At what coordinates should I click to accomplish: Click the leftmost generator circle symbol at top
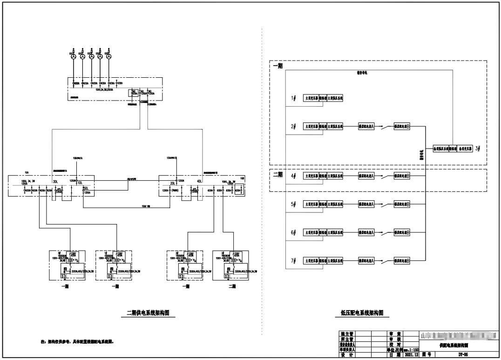coord(73,54)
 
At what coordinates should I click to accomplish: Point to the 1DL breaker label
coord(80,182)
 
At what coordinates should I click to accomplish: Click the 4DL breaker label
coord(200,181)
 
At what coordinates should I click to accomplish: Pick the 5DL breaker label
coord(85,189)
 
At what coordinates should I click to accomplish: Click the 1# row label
coord(293,99)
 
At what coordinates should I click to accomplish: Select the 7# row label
coord(293,261)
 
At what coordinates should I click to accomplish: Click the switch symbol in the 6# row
coord(384,232)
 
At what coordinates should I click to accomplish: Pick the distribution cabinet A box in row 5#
coord(366,204)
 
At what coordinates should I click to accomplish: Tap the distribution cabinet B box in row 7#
coord(402,261)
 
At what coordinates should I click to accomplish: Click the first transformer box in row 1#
coord(311,99)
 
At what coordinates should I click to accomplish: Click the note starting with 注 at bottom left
coord(77,341)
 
